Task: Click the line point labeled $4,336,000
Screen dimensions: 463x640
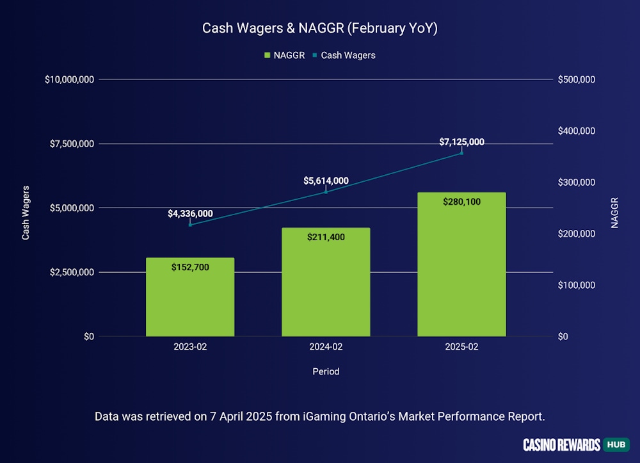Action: (x=190, y=224)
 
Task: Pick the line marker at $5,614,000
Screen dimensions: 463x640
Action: (x=326, y=191)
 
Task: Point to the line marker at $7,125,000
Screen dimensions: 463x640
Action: (x=461, y=152)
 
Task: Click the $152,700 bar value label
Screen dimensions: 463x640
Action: (x=190, y=267)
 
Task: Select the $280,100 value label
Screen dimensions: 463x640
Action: (x=461, y=202)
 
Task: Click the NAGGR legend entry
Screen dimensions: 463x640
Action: (x=284, y=55)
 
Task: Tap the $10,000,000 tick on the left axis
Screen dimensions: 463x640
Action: (x=70, y=79)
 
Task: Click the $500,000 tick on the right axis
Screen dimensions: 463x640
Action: (x=577, y=79)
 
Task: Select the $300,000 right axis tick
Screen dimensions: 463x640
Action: (x=577, y=183)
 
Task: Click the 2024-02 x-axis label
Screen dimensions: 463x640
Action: (x=326, y=346)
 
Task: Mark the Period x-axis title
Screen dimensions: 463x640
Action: (x=326, y=371)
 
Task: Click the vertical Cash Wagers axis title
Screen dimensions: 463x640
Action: (x=26, y=213)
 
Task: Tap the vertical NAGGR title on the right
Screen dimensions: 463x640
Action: (x=615, y=213)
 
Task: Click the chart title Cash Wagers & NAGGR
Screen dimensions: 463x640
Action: (x=320, y=28)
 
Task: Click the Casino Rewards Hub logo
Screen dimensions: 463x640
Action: (x=576, y=444)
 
